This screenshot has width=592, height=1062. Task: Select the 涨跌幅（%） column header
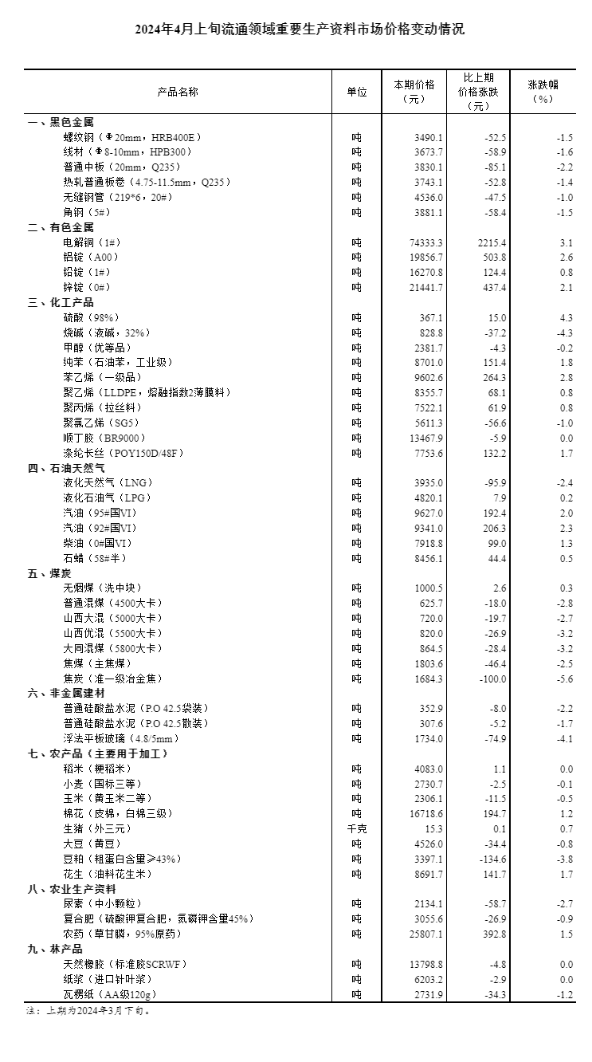click(541, 92)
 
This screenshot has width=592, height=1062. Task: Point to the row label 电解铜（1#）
click(93, 242)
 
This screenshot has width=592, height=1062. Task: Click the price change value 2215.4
click(489, 242)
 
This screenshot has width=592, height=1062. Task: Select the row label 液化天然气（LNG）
click(108, 482)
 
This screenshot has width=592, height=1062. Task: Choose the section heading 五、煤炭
click(49, 573)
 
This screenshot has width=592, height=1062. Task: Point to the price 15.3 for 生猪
click(434, 828)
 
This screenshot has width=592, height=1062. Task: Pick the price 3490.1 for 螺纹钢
click(429, 137)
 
